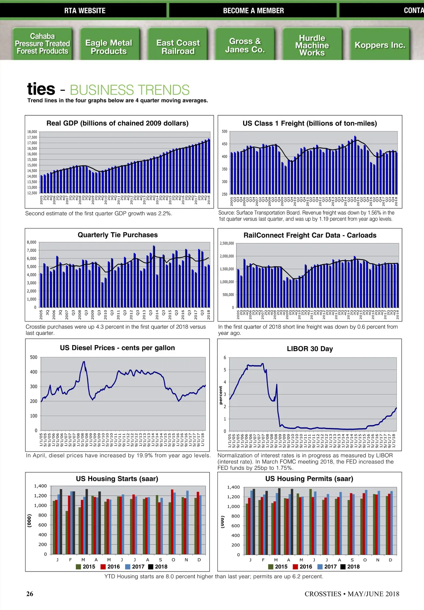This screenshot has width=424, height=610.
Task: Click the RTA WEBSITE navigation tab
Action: click(85, 11)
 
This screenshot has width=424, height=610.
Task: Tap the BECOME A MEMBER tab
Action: click(253, 11)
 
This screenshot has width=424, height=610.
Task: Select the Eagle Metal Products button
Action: click(108, 47)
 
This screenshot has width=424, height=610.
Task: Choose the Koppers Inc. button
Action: click(380, 45)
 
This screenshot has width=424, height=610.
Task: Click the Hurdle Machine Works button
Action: click(312, 45)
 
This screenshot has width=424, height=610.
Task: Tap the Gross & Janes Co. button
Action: click(245, 45)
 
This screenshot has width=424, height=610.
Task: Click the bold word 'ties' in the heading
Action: click(41, 89)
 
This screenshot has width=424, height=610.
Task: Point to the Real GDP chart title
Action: click(117, 123)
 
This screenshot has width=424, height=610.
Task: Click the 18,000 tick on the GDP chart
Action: click(32, 132)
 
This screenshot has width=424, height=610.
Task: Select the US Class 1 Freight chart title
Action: click(310, 123)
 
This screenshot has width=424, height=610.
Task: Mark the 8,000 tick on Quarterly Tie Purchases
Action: click(31, 242)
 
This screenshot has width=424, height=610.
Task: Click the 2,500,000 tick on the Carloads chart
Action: click(226, 243)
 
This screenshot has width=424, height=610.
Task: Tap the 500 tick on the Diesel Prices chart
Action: click(34, 357)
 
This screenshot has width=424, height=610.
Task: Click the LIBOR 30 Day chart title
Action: click(310, 349)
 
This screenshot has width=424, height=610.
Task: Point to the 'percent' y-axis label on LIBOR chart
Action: click(221, 395)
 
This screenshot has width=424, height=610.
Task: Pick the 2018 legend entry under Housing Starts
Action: click(158, 567)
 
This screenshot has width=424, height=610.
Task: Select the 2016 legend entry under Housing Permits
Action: click(302, 567)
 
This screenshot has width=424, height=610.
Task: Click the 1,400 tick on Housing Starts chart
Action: click(40, 486)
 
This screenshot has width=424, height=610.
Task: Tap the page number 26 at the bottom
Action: click(30, 594)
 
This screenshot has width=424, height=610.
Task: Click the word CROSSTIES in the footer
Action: click(323, 594)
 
